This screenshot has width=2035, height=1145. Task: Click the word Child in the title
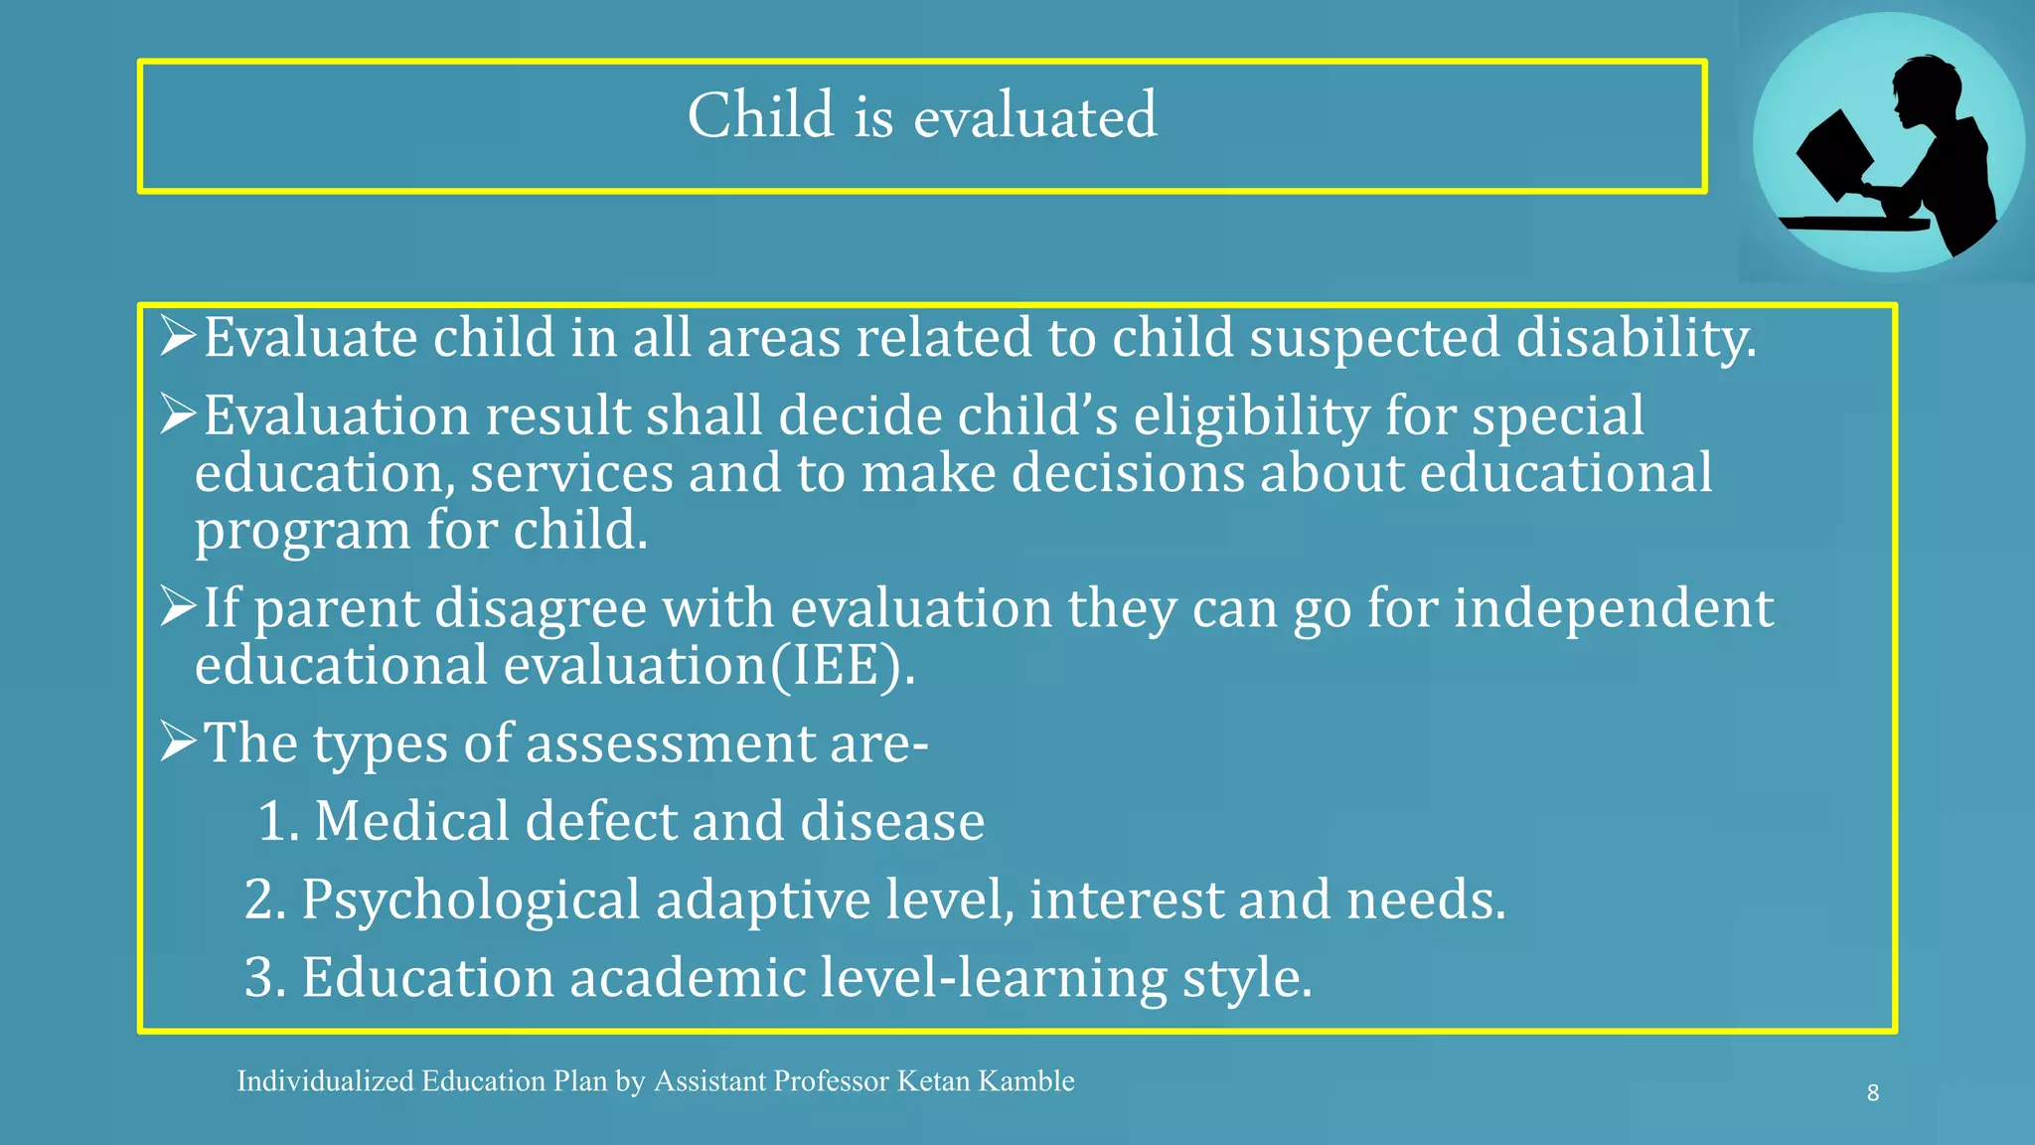coord(761,115)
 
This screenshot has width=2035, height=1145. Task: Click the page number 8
coord(1872,1093)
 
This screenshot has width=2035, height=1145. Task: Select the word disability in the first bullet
coord(1636,338)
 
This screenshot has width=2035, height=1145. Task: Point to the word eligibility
coord(1252,415)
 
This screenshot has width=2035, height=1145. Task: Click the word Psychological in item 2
coord(470,900)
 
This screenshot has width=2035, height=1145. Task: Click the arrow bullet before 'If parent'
coord(179,606)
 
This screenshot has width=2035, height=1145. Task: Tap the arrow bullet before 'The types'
coord(179,741)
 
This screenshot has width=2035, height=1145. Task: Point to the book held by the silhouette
coord(1834,154)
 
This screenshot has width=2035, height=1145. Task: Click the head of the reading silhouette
coord(1926,89)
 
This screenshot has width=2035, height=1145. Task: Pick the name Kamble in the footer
coord(1026,1081)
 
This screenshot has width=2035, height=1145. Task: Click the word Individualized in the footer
coord(325,1081)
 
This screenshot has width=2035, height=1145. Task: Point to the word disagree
coord(541,608)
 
